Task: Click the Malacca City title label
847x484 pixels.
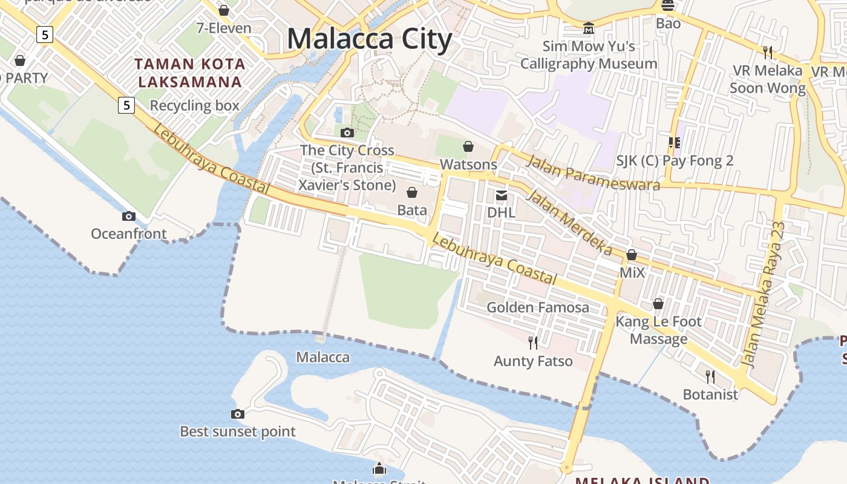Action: [369, 39]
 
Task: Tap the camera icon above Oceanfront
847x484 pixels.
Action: [128, 216]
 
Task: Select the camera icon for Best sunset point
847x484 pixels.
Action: [238, 414]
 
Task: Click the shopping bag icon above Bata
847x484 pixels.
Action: [412, 192]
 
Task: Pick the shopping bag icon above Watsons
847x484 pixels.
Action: [468, 146]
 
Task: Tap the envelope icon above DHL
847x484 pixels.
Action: [502, 195]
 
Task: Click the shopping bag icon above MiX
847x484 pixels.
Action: [632, 255]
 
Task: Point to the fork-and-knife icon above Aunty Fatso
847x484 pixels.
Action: [533, 343]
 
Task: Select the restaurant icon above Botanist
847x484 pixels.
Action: [710, 376]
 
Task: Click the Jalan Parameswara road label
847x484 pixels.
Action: [593, 173]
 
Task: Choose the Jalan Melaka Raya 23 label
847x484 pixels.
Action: [764, 295]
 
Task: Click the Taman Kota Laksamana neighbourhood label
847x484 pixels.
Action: [189, 73]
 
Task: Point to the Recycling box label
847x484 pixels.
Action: [195, 106]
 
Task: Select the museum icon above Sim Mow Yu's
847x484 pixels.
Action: [588, 28]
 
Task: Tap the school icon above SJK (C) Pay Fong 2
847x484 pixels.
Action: [675, 143]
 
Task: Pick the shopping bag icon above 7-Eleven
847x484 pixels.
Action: [224, 10]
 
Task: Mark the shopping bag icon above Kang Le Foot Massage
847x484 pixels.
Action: [658, 303]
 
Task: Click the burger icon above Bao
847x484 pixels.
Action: [668, 6]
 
